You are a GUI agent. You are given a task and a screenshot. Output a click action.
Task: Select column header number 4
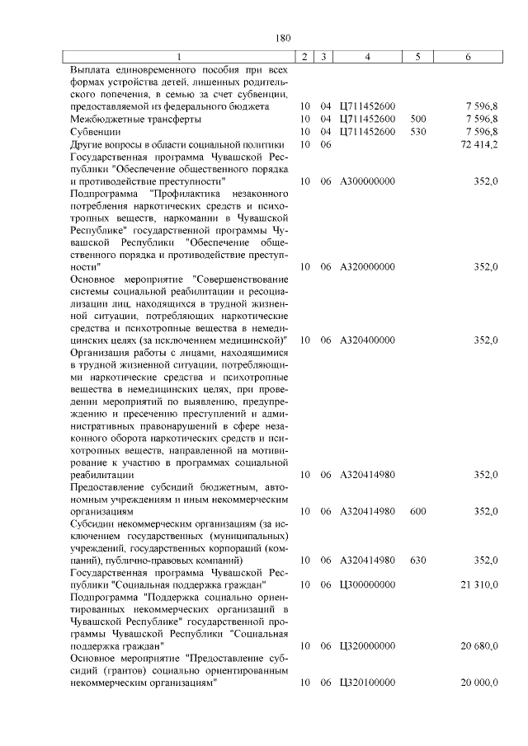(367, 56)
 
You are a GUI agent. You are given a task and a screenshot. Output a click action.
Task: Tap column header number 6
(468, 56)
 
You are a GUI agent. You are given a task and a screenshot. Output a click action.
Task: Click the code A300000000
(367, 181)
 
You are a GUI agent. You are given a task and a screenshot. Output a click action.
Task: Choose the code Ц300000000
(367, 584)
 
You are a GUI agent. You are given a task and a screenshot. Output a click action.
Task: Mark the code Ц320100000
(367, 683)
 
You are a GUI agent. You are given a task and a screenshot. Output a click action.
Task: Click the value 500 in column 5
(417, 119)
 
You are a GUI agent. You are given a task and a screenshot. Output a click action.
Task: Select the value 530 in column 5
(417, 131)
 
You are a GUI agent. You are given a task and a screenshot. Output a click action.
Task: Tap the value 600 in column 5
(417, 511)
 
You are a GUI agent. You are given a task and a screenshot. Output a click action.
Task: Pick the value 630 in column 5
(417, 561)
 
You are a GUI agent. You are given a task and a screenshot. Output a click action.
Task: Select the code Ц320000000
(367, 647)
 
